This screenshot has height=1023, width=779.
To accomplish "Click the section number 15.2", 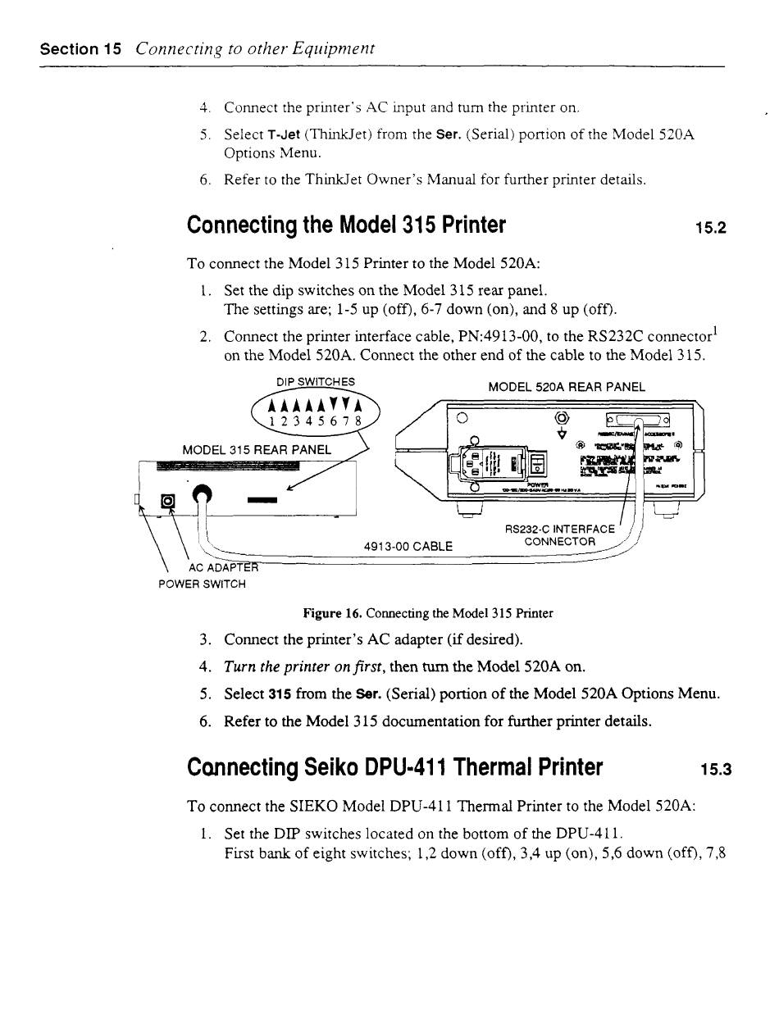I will pyautogui.click(x=710, y=227).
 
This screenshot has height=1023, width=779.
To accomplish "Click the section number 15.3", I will pyautogui.click(x=714, y=770).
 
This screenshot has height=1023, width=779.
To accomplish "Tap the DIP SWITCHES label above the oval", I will pyautogui.click(x=316, y=381).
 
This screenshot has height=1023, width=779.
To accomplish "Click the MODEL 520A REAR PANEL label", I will pyautogui.click(x=566, y=387).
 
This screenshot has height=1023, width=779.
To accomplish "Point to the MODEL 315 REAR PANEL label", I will pyautogui.click(x=257, y=449).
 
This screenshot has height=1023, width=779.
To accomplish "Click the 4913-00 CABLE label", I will pyautogui.click(x=408, y=546).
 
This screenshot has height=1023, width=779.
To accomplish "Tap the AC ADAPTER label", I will pyautogui.click(x=223, y=567).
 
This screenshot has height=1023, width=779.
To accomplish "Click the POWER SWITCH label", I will pyautogui.click(x=202, y=584).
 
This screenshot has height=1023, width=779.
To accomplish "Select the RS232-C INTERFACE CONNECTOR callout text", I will pyautogui.click(x=560, y=535).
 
